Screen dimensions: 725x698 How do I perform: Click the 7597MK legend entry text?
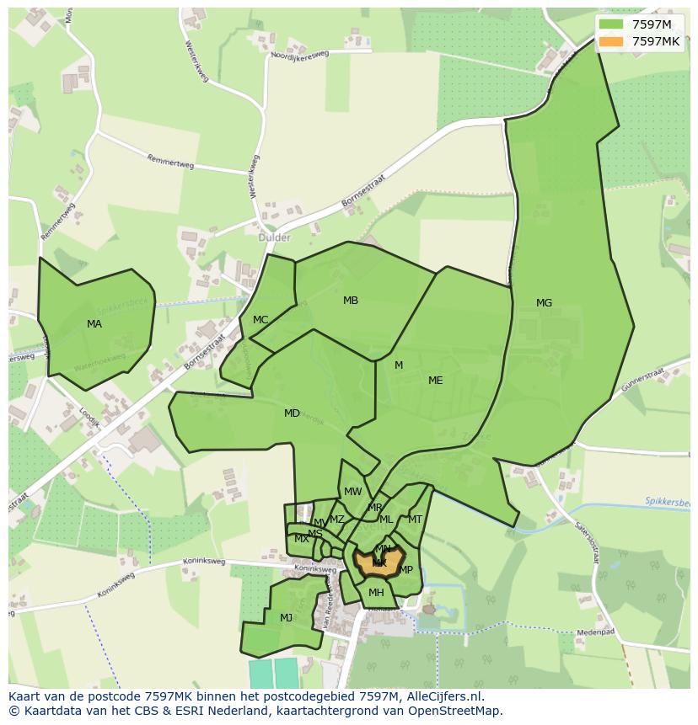(x=656, y=41)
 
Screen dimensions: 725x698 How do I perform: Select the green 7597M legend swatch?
(x=612, y=24)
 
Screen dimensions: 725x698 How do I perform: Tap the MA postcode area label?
(x=94, y=323)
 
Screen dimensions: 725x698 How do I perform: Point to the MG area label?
(x=544, y=303)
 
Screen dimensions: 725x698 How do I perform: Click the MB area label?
(x=351, y=301)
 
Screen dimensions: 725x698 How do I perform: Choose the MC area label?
(x=260, y=320)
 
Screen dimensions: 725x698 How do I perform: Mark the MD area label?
(x=292, y=413)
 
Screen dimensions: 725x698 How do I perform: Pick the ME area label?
(x=435, y=381)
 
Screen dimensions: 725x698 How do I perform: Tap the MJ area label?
(x=286, y=618)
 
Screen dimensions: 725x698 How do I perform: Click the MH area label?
(x=376, y=593)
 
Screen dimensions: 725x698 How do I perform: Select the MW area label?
(x=353, y=492)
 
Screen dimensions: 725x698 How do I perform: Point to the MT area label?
(x=415, y=520)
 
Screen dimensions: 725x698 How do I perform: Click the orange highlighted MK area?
(x=379, y=562)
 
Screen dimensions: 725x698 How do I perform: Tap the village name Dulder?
(x=274, y=237)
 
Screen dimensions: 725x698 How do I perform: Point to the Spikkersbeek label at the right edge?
(x=667, y=501)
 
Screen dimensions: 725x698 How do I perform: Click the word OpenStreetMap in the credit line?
(x=455, y=711)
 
